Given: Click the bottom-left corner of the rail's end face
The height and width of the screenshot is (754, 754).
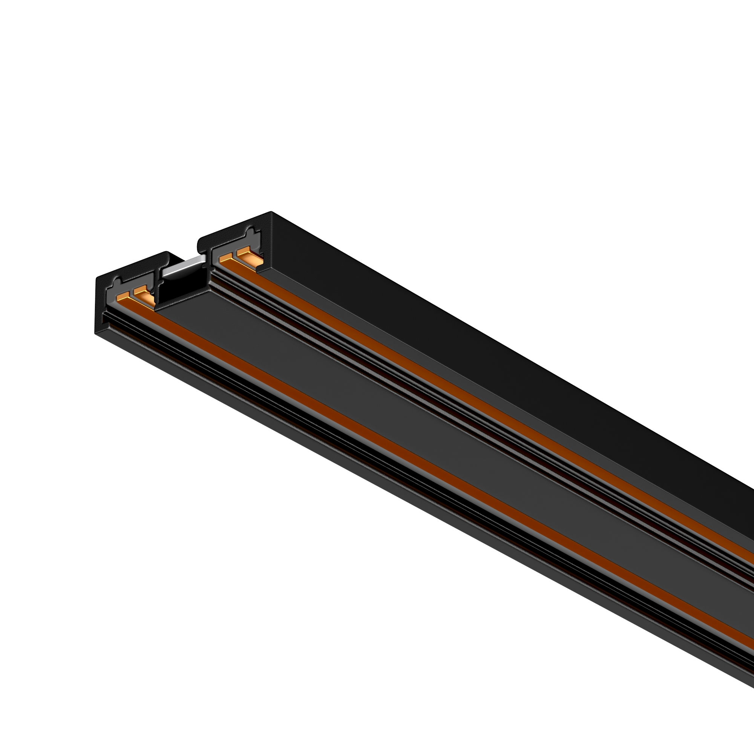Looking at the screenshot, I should (x=96, y=334).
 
